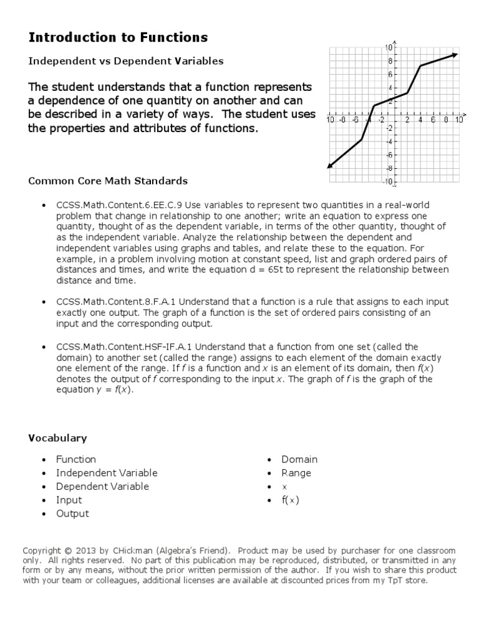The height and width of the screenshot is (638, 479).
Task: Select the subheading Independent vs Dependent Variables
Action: pyautogui.click(x=125, y=61)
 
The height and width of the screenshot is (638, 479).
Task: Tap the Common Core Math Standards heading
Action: pyautogui.click(x=108, y=181)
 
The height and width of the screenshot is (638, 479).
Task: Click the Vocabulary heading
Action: pyautogui.click(x=57, y=439)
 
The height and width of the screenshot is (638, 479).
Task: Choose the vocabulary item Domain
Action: pyautogui.click(x=299, y=460)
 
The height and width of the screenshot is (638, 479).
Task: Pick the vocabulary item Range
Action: pyautogui.click(x=296, y=474)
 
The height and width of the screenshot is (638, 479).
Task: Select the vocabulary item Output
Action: pyautogui.click(x=72, y=514)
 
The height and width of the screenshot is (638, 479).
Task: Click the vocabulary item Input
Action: pyautogui.click(x=69, y=500)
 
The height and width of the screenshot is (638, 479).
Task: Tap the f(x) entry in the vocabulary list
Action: pyautogui.click(x=290, y=500)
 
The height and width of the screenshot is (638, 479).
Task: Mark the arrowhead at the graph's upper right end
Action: pyautogui.click(x=455, y=55)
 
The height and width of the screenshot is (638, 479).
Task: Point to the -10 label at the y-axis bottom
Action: pyautogui.click(x=387, y=182)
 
